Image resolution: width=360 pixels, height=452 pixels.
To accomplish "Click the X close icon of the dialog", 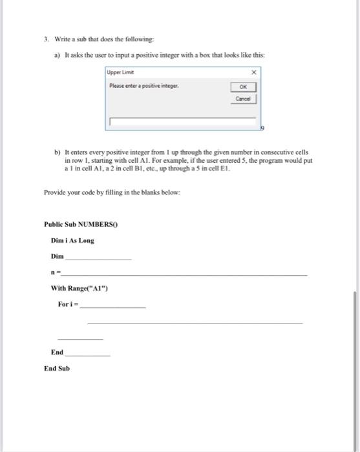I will tap(253, 72).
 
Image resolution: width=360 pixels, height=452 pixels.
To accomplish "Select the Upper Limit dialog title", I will tap(121, 72).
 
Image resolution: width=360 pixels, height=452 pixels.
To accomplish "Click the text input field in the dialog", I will tap(184, 121).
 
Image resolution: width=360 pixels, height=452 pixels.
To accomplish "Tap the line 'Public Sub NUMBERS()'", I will tap(82, 225).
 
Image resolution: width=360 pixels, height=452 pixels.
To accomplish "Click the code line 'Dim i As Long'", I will tap(72, 240).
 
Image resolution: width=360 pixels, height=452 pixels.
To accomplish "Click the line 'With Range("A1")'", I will tap(79, 288).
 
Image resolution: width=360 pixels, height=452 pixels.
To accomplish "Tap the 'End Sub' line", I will tap(56, 368).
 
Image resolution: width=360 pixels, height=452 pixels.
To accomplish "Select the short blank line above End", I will tap(80, 338).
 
